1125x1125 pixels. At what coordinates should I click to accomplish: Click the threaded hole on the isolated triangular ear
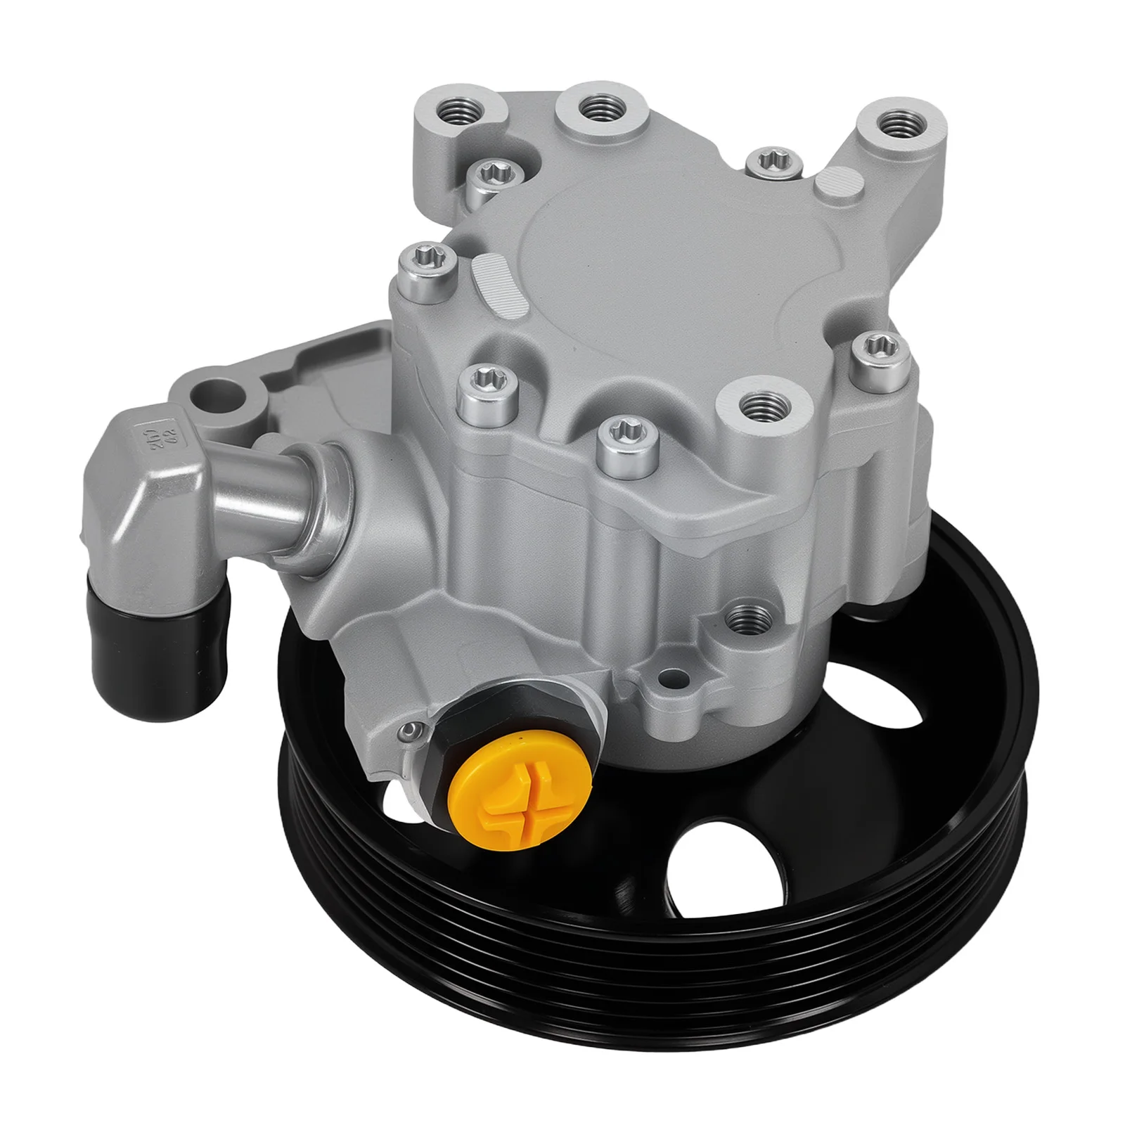click(894, 124)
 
